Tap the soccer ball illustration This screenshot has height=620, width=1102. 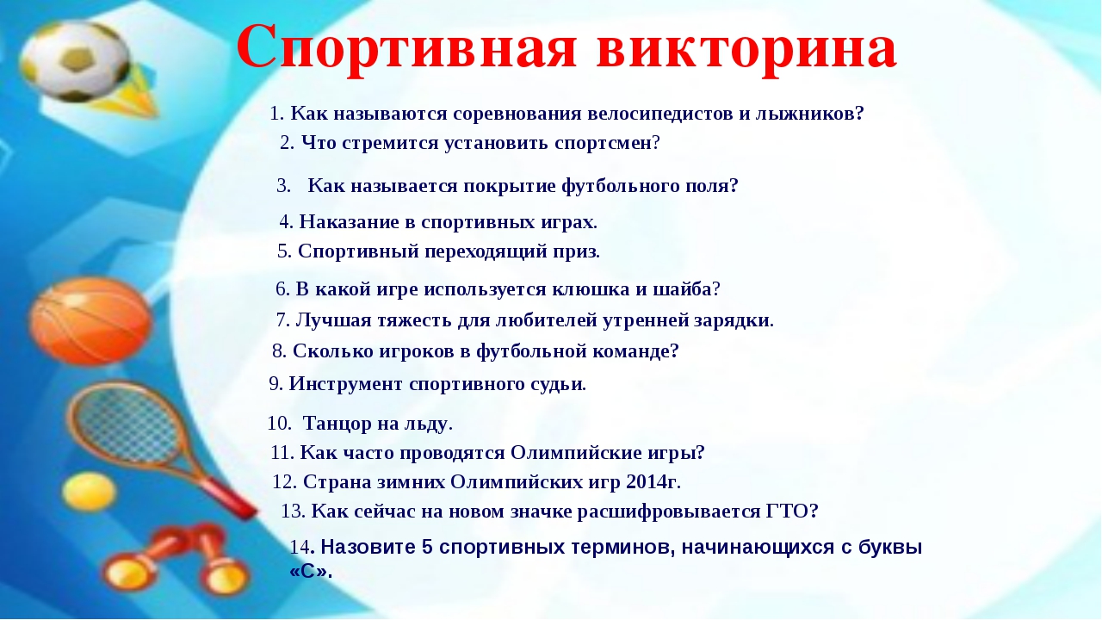point(75,60)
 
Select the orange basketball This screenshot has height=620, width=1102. point(90,321)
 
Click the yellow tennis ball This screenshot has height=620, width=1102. point(89,491)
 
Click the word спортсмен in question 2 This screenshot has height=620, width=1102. point(604,144)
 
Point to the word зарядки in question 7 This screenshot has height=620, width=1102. point(732,320)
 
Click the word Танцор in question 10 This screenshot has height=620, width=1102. point(337,424)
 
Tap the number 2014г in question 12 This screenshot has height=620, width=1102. point(652,482)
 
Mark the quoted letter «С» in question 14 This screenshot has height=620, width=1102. point(308,572)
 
